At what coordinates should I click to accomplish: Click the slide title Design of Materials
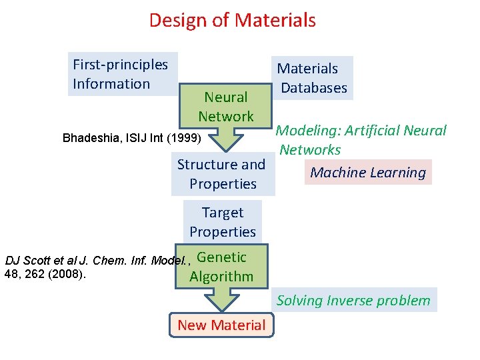(232, 20)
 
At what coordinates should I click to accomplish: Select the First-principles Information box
(123, 74)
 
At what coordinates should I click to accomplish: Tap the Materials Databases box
(312, 78)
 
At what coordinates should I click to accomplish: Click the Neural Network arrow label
(226, 107)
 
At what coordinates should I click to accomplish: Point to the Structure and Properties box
(223, 174)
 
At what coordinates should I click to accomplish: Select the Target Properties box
(223, 222)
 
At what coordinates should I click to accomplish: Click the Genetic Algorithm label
(222, 267)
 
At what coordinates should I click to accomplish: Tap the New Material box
(221, 325)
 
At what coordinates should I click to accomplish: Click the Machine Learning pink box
(368, 173)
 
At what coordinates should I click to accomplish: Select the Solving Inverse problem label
(353, 301)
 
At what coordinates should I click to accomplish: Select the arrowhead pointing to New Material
(222, 301)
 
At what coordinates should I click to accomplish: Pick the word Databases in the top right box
(314, 88)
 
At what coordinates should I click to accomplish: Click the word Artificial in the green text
(378, 131)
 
